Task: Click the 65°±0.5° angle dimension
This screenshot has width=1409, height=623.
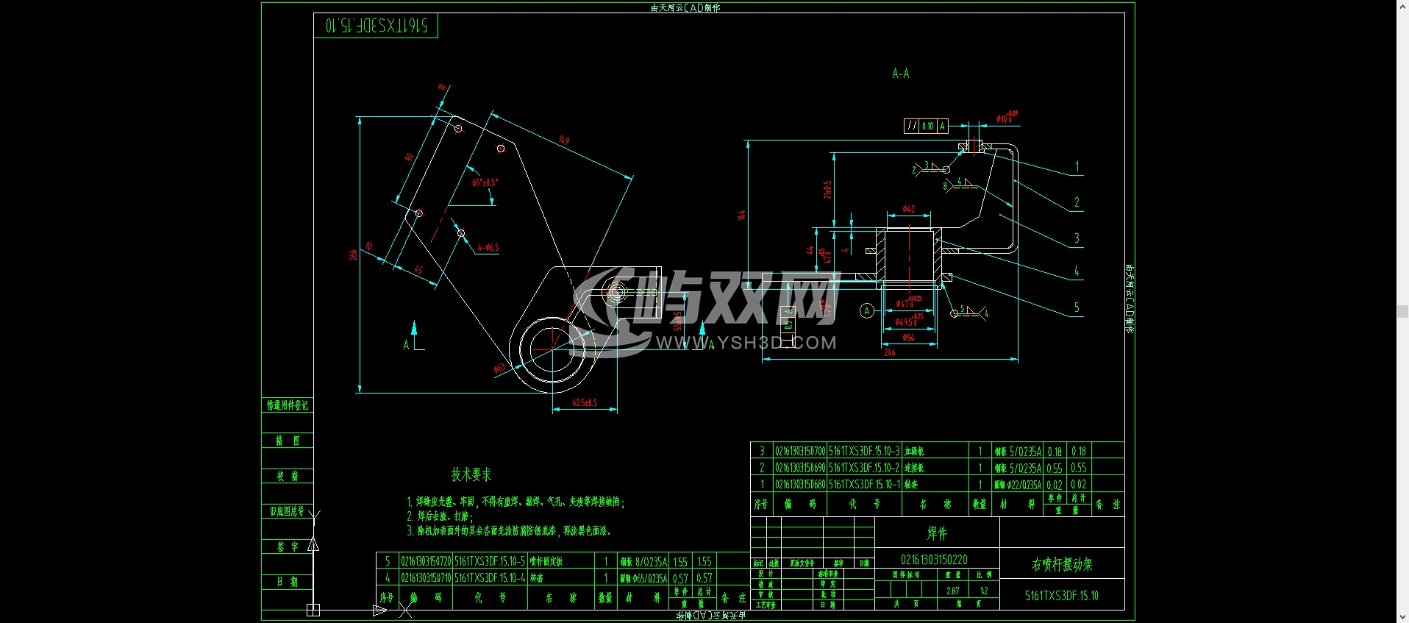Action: pyautogui.click(x=485, y=182)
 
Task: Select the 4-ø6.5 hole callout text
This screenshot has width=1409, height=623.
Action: pyautogui.click(x=488, y=248)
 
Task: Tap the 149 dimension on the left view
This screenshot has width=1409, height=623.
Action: pyautogui.click(x=564, y=140)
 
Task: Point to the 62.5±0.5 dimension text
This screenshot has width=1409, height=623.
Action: pyautogui.click(x=585, y=403)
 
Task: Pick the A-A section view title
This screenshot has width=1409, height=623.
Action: pyautogui.click(x=900, y=74)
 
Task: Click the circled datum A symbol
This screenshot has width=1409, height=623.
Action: pyautogui.click(x=867, y=311)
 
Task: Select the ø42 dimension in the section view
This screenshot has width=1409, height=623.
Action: pyautogui.click(x=908, y=210)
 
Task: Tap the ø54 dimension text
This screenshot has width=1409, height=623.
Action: pyautogui.click(x=908, y=338)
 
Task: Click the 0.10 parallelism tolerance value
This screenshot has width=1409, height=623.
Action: pyautogui.click(x=928, y=127)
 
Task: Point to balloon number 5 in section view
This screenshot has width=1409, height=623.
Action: pyautogui.click(x=1077, y=307)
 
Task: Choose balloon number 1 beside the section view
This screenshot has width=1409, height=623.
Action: pyautogui.click(x=1077, y=167)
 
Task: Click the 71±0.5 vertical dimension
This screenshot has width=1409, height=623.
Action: pyautogui.click(x=827, y=190)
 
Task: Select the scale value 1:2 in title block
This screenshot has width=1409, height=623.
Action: pyautogui.click(x=984, y=591)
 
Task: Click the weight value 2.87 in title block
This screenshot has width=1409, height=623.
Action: pyautogui.click(x=952, y=591)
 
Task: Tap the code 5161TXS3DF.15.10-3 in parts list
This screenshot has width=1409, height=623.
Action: pyautogui.click(x=864, y=451)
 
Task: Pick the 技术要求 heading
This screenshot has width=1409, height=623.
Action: pyautogui.click(x=471, y=474)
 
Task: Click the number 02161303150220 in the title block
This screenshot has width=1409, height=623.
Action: pyautogui.click(x=934, y=560)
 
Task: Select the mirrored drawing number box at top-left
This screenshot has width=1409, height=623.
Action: pyautogui.click(x=376, y=26)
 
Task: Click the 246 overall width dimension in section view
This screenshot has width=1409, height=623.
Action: pyautogui.click(x=889, y=353)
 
